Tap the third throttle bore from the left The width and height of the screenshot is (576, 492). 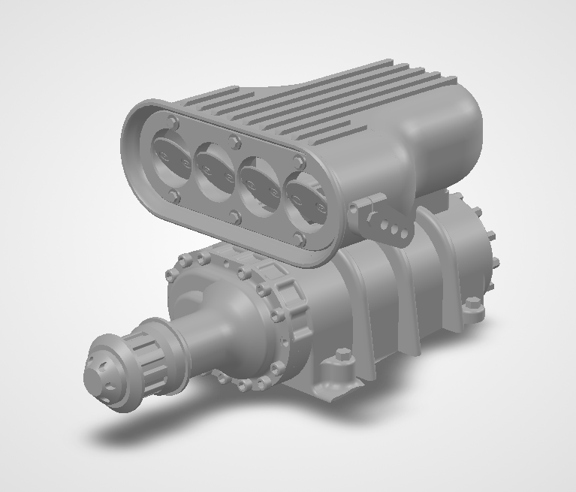261,187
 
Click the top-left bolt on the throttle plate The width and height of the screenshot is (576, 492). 174,122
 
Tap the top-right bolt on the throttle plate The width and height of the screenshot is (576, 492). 300,161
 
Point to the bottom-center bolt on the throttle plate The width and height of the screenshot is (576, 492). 236,218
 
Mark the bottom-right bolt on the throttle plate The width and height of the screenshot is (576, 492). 300,240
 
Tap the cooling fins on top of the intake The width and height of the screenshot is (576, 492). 323,98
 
